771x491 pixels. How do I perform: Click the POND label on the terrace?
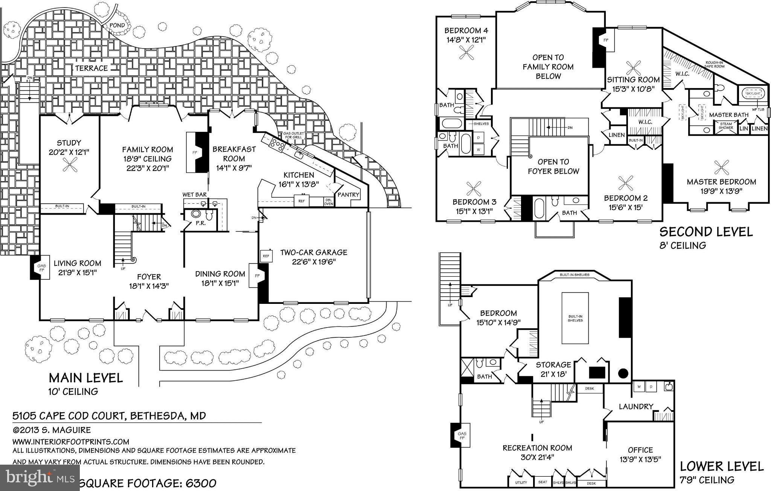117,26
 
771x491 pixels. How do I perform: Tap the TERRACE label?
91,68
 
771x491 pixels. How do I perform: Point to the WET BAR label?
194,195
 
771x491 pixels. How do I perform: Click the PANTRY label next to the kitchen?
349,195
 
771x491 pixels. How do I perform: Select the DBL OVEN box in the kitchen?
329,202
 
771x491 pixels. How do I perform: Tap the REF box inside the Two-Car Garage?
266,256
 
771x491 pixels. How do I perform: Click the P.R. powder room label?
200,223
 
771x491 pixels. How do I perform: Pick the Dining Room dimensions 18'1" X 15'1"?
220,283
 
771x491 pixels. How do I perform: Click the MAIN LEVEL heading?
86,378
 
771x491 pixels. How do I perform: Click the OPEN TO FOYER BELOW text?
553,166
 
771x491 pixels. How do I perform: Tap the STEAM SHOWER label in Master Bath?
726,126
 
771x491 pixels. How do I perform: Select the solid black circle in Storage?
623,373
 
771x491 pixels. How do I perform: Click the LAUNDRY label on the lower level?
636,406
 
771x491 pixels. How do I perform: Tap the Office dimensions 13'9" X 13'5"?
640,459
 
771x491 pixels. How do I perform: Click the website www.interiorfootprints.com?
71,441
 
